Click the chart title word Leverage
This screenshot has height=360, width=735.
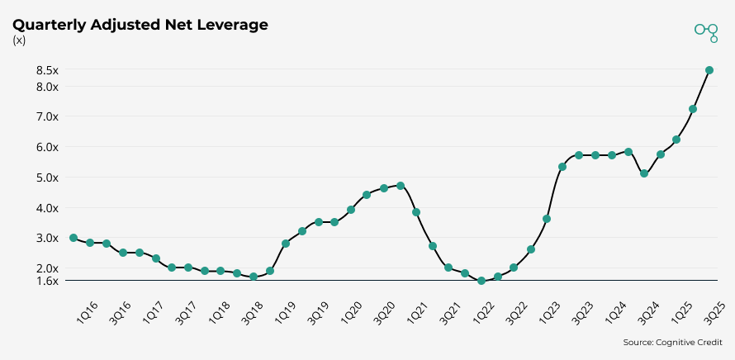[x=231, y=25]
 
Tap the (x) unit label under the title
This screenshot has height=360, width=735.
[x=19, y=40]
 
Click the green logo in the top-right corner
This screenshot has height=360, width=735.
[x=706, y=32]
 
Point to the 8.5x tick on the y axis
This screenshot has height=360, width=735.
[x=47, y=70]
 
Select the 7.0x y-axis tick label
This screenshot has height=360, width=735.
[x=47, y=116]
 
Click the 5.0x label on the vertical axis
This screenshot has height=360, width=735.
[x=47, y=178]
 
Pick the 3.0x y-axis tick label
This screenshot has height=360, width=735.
[x=47, y=238]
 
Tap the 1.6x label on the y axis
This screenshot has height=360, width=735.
[x=47, y=281]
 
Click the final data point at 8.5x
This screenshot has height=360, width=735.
[x=709, y=70]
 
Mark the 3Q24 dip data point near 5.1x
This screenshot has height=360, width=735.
[x=644, y=173]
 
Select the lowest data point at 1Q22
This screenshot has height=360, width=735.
[x=481, y=281]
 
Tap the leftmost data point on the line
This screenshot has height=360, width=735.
[x=73, y=238]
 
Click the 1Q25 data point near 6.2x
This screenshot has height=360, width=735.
[x=676, y=140]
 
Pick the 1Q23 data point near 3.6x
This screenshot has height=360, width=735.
[x=547, y=219]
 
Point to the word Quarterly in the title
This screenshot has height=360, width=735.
[x=47, y=25]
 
